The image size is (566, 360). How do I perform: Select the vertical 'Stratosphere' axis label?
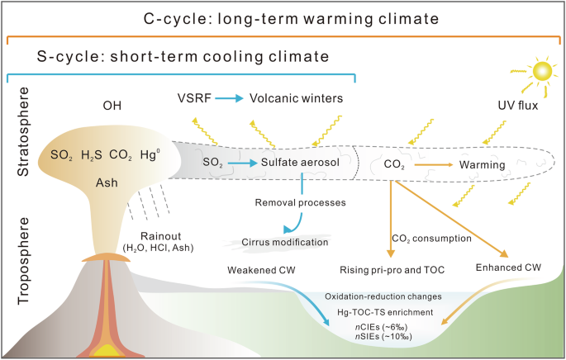[x=23, y=137]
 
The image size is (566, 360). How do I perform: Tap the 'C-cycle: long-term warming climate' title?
[x=283, y=17]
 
